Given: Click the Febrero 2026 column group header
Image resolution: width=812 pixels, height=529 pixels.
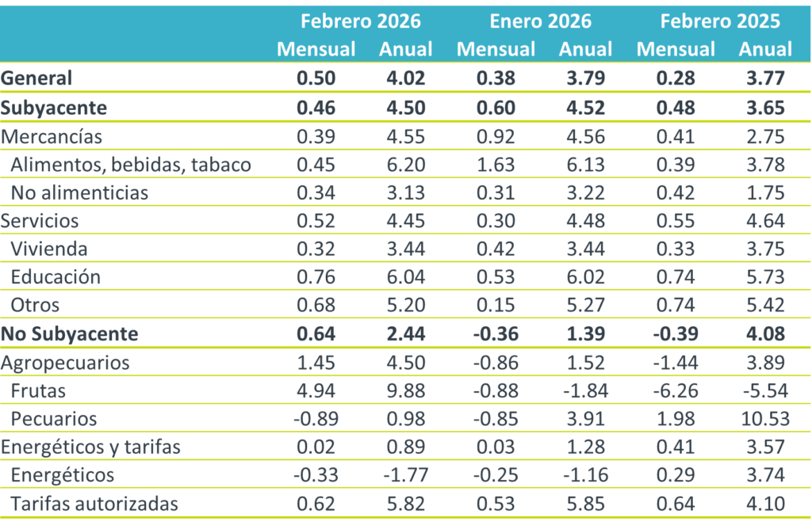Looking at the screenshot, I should pos(360,20).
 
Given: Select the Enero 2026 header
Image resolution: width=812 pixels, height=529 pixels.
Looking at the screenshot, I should pos(540,20).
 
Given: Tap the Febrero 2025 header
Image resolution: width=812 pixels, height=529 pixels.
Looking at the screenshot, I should pos(720,20).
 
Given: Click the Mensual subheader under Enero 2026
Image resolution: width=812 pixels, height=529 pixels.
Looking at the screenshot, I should pos(496,49).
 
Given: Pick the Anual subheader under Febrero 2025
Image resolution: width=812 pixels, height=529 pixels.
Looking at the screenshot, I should pos(765,49).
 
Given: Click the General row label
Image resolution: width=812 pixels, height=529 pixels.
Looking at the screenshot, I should pos(37,78).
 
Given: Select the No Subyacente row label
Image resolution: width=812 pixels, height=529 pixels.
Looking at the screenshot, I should pos(70,333).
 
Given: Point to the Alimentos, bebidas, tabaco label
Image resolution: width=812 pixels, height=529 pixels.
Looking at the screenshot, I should pos(131,165).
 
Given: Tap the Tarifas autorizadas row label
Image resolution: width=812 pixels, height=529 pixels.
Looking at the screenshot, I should pos(94,503).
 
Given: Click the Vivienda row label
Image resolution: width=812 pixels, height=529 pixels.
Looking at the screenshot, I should pos(49,249).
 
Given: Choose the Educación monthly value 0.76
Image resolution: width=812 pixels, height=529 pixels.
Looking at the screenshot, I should pos(316,277).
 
